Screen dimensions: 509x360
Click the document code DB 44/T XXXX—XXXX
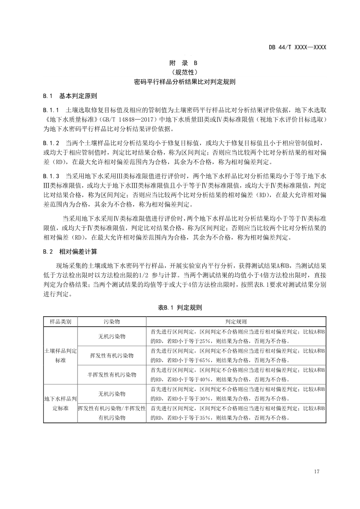(x=297, y=47)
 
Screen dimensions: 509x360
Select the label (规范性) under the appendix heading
(x=180, y=72)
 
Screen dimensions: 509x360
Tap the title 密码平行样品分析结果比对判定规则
(x=180, y=81)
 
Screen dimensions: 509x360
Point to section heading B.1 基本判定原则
(x=70, y=96)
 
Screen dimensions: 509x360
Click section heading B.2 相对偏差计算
(x=70, y=252)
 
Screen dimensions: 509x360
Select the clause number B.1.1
(x=51, y=111)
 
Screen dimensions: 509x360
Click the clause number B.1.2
(x=51, y=143)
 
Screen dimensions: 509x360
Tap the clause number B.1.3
(x=51, y=176)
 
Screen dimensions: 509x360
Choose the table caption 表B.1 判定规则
(x=180, y=307)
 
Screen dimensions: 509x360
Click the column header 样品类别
(x=60, y=322)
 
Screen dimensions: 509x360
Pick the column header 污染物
(x=112, y=322)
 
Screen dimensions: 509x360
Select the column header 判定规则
(x=236, y=322)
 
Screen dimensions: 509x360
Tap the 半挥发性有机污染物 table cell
(x=112, y=374)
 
